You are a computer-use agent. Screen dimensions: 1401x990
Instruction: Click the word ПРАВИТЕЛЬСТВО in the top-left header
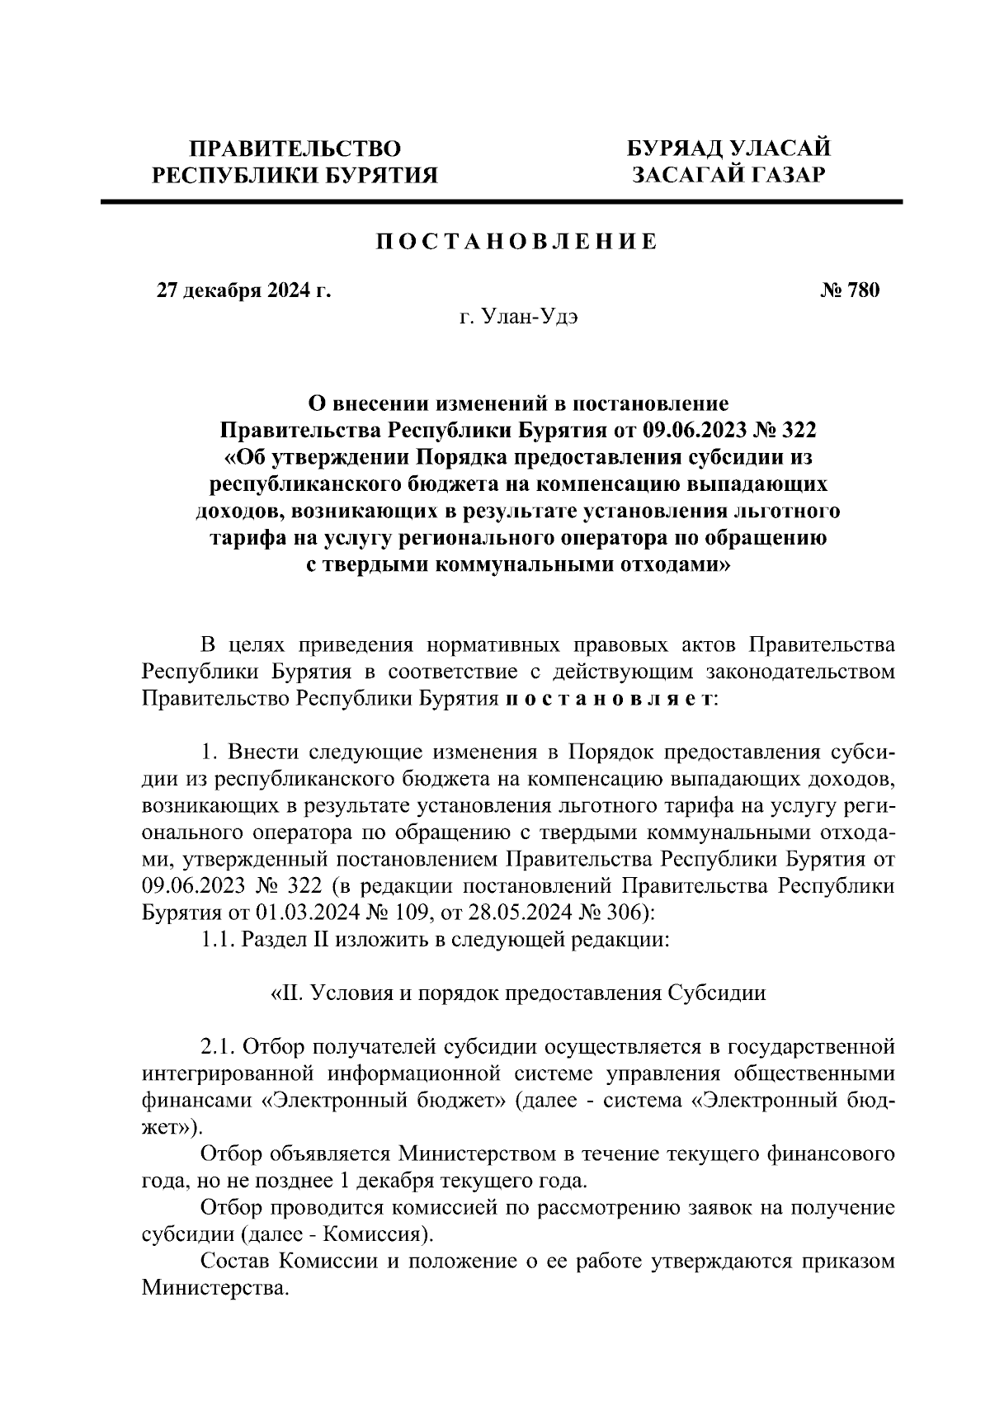pos(295,149)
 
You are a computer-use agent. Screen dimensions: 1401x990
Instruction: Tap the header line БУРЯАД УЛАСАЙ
pos(728,149)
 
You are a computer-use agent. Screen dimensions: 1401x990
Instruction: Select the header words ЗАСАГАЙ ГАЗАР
pos(728,175)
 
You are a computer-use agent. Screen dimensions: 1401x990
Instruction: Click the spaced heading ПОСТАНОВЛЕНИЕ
pos(517,242)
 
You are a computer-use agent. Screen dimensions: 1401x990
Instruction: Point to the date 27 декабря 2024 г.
pos(244,290)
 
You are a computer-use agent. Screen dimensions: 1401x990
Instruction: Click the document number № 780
pos(851,290)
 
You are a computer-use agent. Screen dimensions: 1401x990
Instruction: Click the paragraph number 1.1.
pos(218,941)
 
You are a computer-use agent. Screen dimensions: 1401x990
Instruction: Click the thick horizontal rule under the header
pos(502,201)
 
